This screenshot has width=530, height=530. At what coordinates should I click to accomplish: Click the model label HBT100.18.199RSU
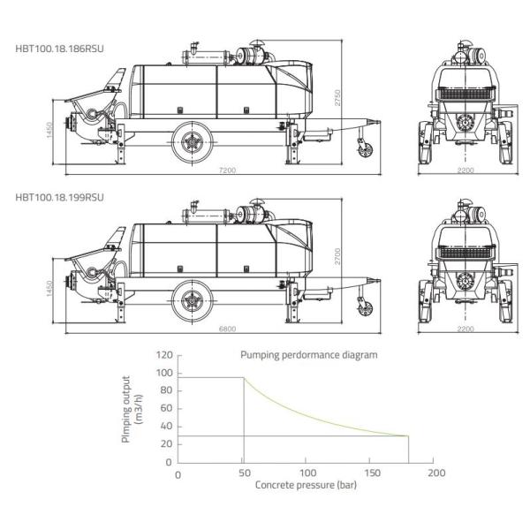59,196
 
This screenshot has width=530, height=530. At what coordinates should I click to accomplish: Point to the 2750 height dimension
337,99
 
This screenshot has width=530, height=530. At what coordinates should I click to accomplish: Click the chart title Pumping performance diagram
308,354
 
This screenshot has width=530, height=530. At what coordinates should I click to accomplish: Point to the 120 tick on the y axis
163,355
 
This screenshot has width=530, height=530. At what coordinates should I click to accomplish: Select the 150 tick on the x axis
371,473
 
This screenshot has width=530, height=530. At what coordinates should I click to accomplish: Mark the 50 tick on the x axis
243,473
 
